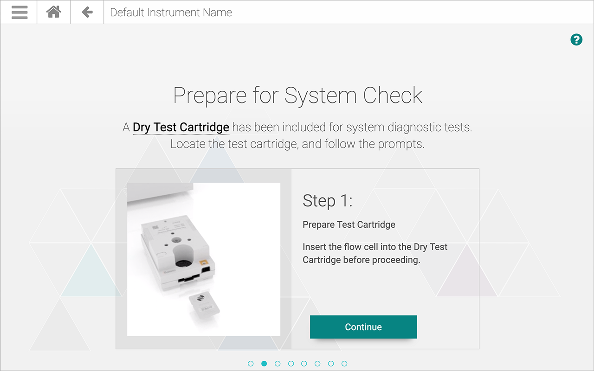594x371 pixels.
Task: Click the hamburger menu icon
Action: coord(19,12)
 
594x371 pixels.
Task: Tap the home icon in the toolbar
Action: coord(53,12)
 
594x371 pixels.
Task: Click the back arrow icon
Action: coord(87,12)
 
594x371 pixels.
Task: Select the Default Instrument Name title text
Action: coord(171,13)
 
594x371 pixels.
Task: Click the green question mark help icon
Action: coord(576,40)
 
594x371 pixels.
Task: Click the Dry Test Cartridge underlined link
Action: coord(181,128)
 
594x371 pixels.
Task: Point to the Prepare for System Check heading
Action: coord(297,96)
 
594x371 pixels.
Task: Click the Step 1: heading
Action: coord(328,201)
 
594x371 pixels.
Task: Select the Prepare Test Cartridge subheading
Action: coord(349,225)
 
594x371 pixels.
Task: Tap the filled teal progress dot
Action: coord(264,364)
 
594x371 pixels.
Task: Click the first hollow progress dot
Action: coord(251,364)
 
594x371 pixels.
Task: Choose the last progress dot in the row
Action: coord(344,364)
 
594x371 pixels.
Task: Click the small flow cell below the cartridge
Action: coord(205,306)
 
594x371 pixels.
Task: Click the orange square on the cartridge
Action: coord(204,263)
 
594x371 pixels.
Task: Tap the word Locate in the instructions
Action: coord(188,144)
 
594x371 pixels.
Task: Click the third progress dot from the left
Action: coord(278,364)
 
